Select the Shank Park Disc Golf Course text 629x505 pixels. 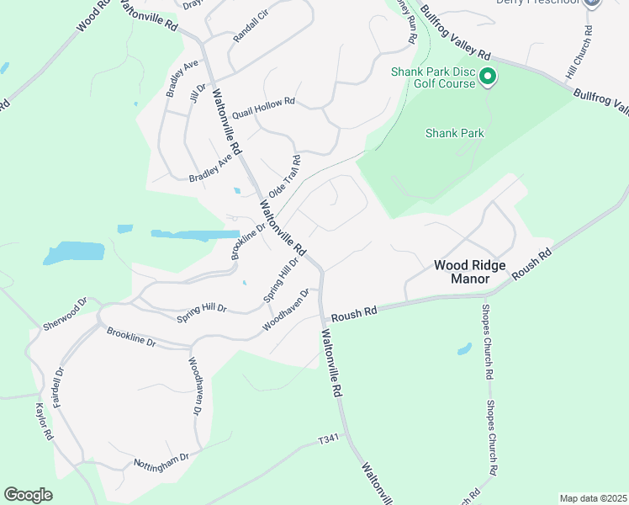pyautogui.click(x=433, y=77)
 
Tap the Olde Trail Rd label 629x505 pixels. pyautogui.click(x=284, y=176)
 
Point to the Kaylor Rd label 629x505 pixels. pyautogui.click(x=44, y=422)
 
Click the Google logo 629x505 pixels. pyautogui.click(x=28, y=495)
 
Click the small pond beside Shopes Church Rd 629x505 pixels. pyautogui.click(x=464, y=348)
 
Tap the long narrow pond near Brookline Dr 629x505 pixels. pyautogui.click(x=195, y=234)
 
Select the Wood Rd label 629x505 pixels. pyautogui.click(x=92, y=16)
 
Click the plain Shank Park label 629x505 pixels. pyautogui.click(x=455, y=133)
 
